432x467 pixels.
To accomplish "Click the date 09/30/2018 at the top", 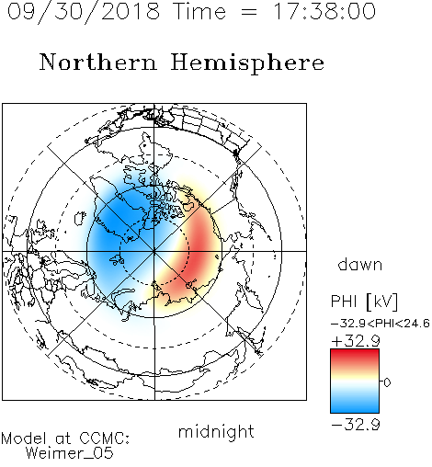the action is click(84, 12).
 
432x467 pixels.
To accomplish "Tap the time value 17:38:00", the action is click(324, 11).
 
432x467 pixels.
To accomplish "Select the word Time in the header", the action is click(199, 11).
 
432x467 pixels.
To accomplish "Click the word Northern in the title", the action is click(98, 63).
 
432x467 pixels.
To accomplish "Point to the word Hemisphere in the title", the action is click(247, 63).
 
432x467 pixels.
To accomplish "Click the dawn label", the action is click(360, 264).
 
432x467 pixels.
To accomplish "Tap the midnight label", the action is click(216, 431).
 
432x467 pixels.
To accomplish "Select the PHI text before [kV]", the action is click(344, 302).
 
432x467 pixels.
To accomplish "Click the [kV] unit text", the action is click(382, 302).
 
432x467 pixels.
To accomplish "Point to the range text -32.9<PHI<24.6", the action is click(381, 324).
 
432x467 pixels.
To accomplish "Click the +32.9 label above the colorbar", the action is click(356, 341).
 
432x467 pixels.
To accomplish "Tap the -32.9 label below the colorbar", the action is click(356, 425).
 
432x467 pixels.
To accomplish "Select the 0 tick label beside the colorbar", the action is click(387, 382).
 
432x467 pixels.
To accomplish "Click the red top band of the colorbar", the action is click(355, 356).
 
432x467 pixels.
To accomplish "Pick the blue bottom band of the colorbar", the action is click(355, 406).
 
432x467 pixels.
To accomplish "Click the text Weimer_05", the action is click(70, 453).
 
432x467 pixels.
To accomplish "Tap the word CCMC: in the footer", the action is click(104, 439).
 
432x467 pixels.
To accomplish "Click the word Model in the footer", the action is click(24, 439).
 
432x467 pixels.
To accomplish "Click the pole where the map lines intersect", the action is click(154, 251).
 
